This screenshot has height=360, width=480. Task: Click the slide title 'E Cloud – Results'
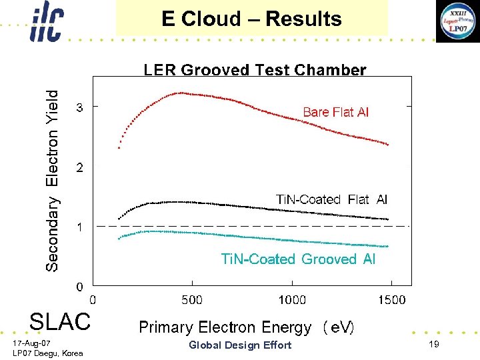251,19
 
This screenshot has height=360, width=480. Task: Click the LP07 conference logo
457,21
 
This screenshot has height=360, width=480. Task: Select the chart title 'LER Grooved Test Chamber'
255,70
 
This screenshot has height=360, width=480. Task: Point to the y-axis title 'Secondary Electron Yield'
52,181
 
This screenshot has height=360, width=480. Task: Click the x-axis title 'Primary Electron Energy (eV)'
246,327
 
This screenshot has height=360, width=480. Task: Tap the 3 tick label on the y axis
79,107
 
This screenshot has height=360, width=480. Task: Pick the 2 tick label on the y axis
79,167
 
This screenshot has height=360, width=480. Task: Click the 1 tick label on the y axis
79,227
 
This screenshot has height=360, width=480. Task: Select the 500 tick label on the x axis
192,300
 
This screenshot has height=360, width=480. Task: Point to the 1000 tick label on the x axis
292,300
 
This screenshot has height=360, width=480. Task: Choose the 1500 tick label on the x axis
391,300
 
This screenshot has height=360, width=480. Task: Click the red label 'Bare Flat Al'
335,112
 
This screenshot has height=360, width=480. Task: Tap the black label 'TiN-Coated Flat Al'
331,199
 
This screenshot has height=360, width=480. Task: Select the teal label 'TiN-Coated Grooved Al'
298,259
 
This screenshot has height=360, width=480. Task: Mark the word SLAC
59,322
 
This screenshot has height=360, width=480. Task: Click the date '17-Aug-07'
31,343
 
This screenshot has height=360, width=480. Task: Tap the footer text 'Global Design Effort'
240,345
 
